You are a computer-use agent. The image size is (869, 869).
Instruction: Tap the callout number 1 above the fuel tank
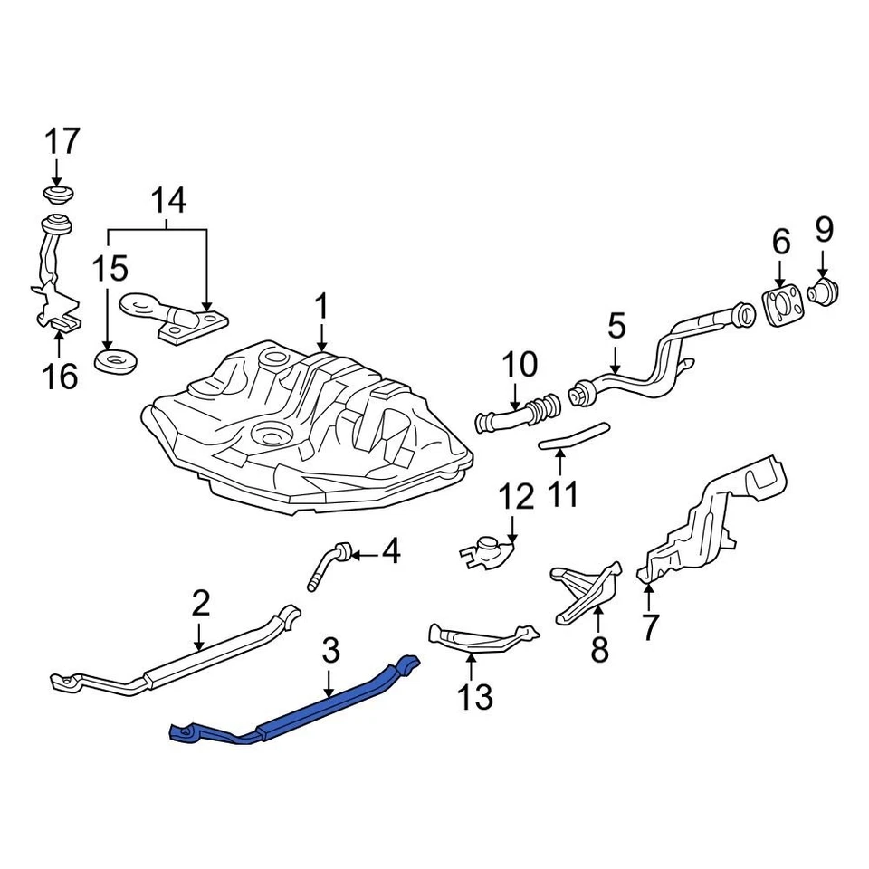point(321,308)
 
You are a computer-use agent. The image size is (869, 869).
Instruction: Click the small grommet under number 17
point(59,196)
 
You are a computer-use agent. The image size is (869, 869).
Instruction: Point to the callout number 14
point(168,201)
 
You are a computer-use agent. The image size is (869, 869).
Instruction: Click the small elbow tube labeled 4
point(329,565)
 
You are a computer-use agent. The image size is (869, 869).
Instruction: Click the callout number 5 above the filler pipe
point(616,326)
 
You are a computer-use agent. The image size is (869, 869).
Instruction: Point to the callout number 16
point(61,375)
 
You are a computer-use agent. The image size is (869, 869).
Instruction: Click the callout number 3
point(330,650)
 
